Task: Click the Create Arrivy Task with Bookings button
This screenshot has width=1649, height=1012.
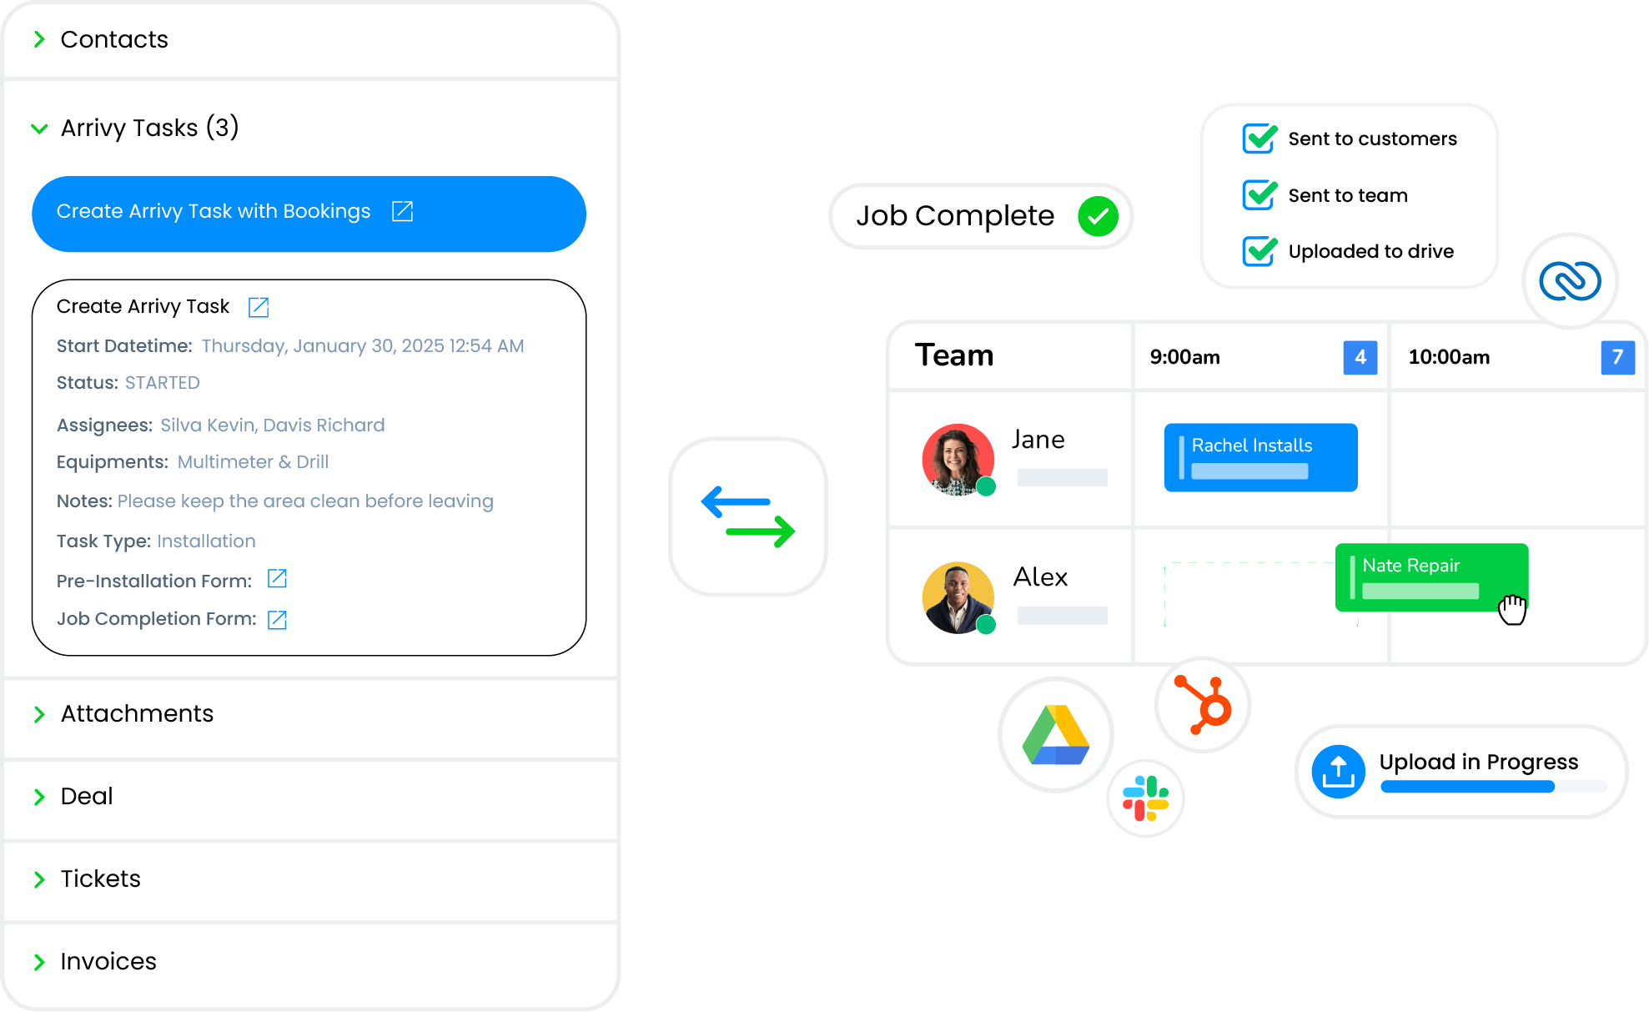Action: pos(309,214)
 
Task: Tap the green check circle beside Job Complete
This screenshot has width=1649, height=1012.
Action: pos(1098,217)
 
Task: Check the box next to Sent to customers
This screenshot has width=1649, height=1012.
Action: pos(1259,138)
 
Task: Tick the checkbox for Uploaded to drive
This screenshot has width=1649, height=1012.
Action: pos(1259,251)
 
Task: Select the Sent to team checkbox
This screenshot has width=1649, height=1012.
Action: pos(1259,195)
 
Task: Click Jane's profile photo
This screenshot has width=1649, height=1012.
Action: pos(958,460)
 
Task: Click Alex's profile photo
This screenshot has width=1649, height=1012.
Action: pos(958,597)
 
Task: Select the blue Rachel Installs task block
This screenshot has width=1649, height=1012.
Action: pos(1260,457)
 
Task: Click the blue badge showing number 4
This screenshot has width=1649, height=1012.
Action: pos(1360,357)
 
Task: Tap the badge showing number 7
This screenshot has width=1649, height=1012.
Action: pos(1617,357)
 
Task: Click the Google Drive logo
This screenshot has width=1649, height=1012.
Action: pos(1056,735)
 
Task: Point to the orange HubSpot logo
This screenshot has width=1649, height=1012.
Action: pos(1203,705)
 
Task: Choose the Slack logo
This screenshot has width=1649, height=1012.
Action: pos(1145,798)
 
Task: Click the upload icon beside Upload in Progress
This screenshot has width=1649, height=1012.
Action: pos(1338,772)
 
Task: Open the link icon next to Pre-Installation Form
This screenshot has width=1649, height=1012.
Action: pos(277,579)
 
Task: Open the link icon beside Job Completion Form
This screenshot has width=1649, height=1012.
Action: pos(277,619)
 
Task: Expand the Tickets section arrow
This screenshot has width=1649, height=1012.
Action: pos(39,879)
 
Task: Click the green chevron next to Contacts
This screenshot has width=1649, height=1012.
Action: pos(39,39)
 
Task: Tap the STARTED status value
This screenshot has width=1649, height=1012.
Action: pos(163,383)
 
